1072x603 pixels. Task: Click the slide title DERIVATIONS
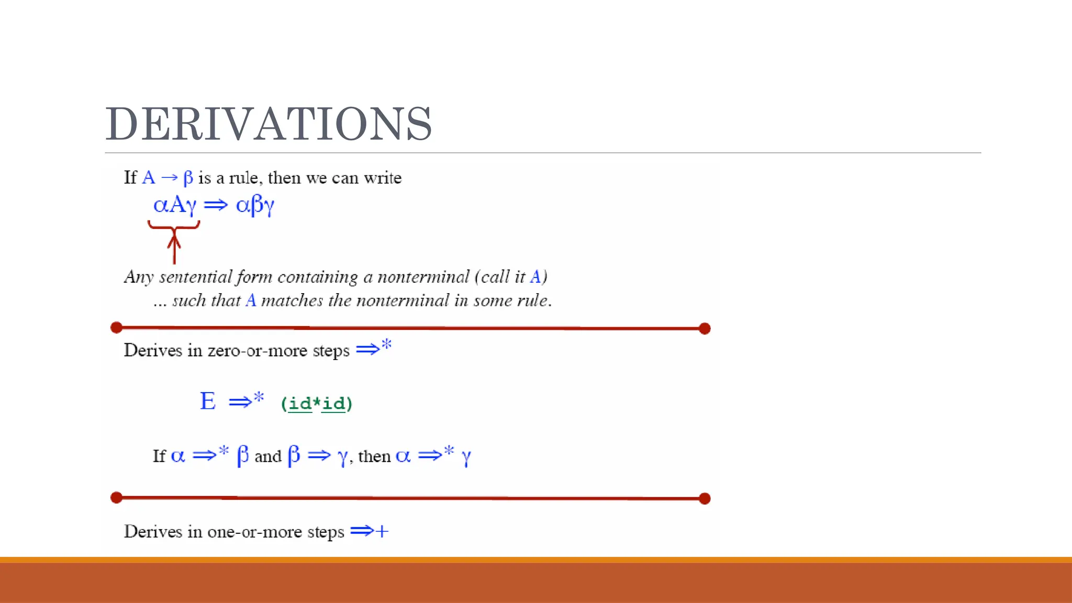click(x=269, y=124)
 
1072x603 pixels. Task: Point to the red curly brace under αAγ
click(x=174, y=226)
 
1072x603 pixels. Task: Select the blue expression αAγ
click(x=175, y=205)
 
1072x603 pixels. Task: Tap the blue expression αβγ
click(x=255, y=205)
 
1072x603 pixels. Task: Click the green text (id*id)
click(x=317, y=404)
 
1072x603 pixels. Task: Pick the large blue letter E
click(x=208, y=401)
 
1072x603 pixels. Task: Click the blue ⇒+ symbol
click(x=370, y=531)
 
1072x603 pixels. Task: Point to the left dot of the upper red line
click(x=117, y=328)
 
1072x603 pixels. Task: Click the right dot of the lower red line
click(x=705, y=498)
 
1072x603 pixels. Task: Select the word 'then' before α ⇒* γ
click(x=374, y=456)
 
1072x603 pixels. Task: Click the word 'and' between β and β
click(x=268, y=456)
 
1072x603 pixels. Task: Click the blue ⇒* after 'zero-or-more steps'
click(x=374, y=348)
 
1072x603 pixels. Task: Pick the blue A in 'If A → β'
click(x=149, y=178)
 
